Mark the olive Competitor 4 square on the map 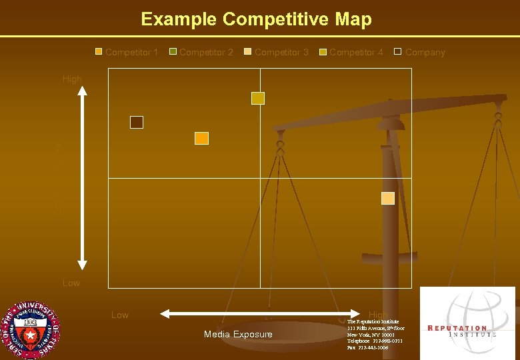[258, 98]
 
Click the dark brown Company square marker [137, 122]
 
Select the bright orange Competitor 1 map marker [201, 138]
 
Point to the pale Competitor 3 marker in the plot [387, 198]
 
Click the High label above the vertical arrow [72, 79]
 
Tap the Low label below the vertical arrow [71, 283]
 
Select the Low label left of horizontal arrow [120, 315]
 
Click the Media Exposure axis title [238, 334]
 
